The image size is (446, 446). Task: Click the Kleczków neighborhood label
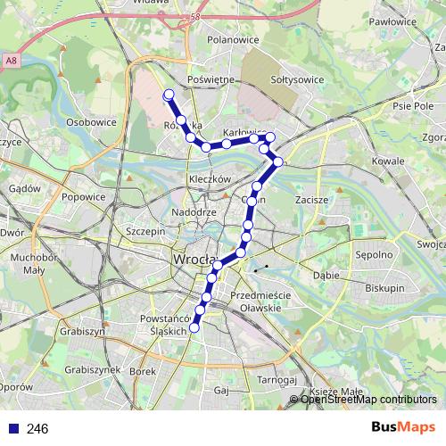tap(211, 178)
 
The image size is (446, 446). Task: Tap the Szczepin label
tap(147, 230)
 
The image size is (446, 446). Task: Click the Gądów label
tap(24, 188)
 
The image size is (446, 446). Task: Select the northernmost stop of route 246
tap(169, 95)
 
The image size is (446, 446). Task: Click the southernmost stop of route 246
tap(194, 327)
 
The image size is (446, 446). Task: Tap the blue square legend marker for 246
tap(12, 429)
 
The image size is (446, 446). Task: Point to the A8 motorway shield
tap(10, 61)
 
